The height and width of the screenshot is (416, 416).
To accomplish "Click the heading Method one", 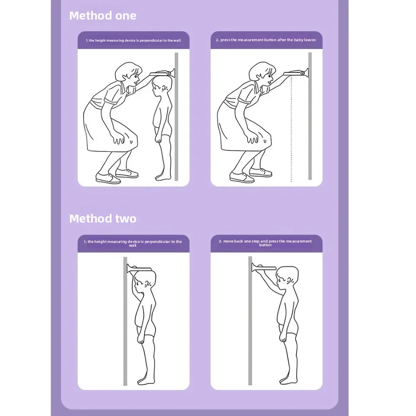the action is click(103, 16).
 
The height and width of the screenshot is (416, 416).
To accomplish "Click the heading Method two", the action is click(103, 219).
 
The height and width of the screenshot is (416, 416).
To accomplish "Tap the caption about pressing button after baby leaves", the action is click(266, 40).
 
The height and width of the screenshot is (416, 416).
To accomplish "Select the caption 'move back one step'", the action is click(265, 243).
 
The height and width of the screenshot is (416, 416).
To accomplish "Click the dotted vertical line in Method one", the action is click(291, 129).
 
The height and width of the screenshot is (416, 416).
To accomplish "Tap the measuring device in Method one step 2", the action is click(296, 73).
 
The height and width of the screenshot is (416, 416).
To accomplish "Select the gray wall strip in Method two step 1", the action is click(125, 321).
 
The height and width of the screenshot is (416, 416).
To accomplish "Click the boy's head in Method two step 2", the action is click(287, 277).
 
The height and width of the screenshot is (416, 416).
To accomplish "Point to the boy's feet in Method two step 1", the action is click(146, 381).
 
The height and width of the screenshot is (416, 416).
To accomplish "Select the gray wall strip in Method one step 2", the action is click(310, 116).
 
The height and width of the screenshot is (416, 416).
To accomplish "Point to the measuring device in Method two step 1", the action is click(139, 268).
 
